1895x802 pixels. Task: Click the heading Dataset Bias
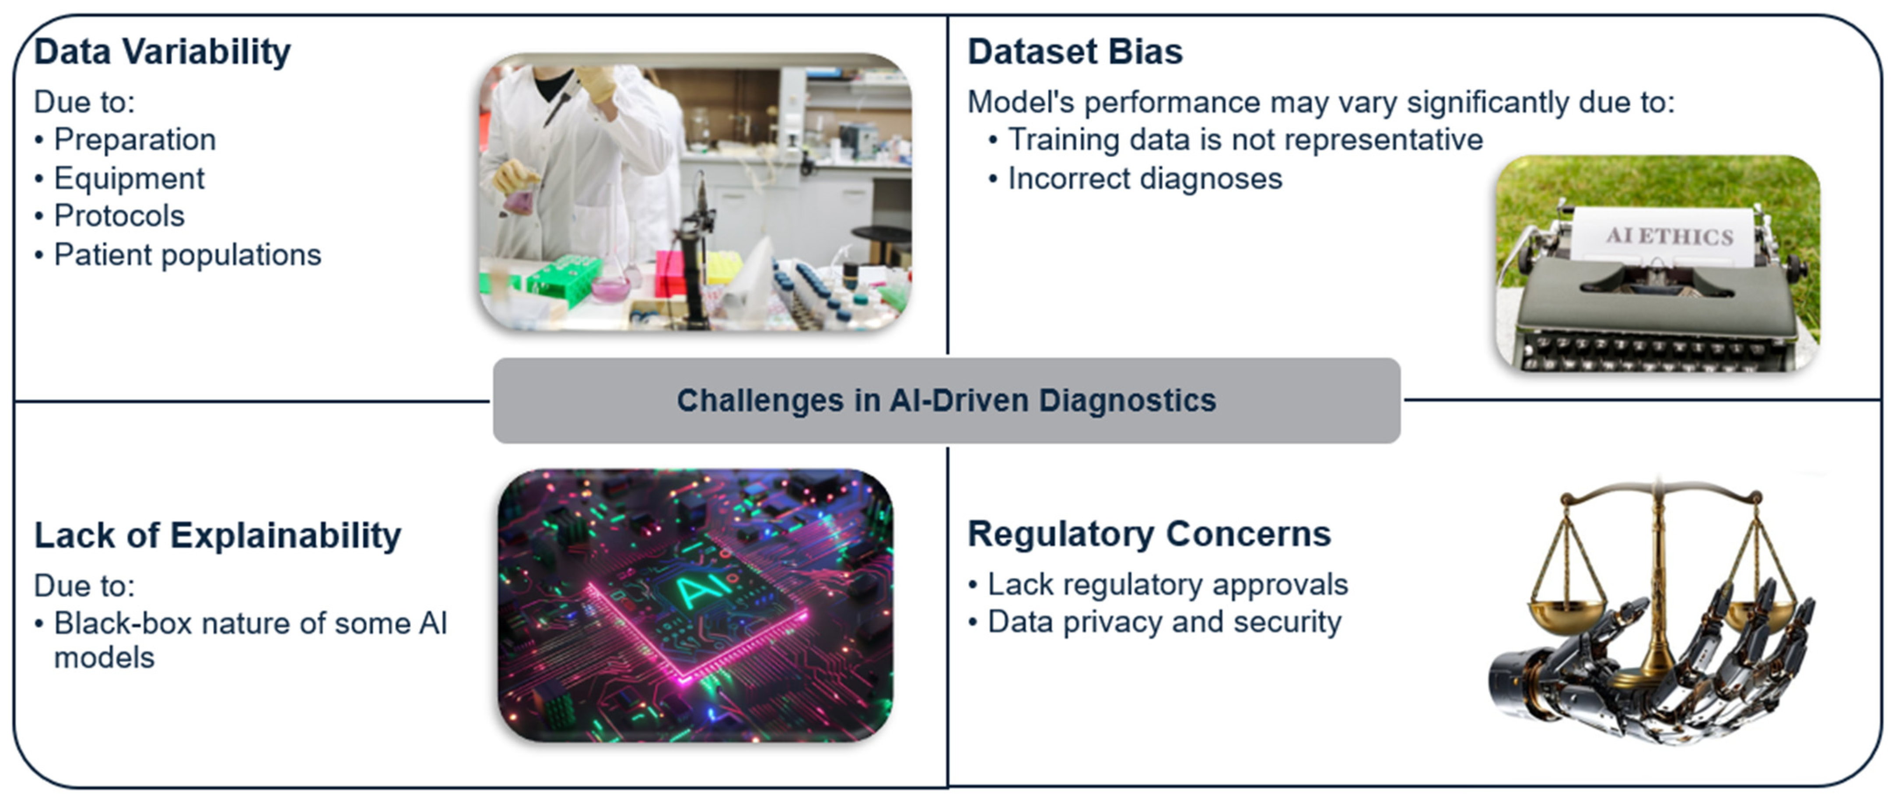coord(1075,52)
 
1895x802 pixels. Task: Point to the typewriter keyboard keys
coord(1655,351)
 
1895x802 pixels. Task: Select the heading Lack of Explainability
coord(218,535)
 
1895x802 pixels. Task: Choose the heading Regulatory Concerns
coord(1149,534)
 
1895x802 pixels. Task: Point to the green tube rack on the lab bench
coord(559,279)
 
